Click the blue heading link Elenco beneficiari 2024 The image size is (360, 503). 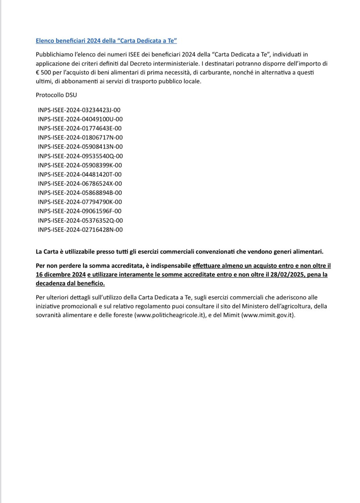[106, 40]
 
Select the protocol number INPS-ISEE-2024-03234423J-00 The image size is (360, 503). [79, 110]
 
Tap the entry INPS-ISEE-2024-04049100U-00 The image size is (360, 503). [80, 119]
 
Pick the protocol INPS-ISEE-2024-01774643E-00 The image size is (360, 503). [80, 128]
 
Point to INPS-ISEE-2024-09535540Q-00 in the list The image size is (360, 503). [80, 156]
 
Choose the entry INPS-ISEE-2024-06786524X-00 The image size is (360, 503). [80, 184]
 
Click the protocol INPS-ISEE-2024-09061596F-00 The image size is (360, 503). [80, 211]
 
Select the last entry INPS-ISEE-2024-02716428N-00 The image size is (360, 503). [80, 229]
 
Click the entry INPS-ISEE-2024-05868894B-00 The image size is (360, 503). [80, 193]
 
